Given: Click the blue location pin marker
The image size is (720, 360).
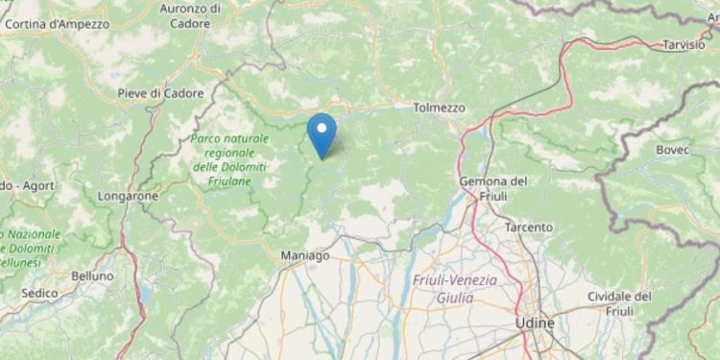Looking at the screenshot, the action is [322, 132].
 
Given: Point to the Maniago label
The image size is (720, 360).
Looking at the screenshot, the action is [304, 255].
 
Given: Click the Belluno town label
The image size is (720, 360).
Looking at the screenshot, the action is [92, 275].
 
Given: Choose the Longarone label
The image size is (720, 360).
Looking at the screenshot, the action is [127, 195].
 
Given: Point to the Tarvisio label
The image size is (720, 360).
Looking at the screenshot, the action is [684, 44].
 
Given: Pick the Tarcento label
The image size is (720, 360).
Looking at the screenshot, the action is [529, 228].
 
